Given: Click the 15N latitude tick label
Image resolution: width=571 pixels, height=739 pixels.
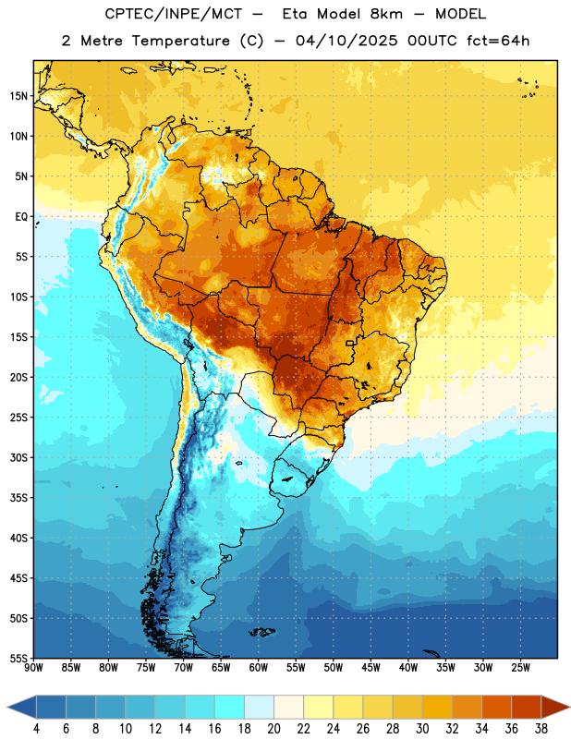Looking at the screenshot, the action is click(x=18, y=96).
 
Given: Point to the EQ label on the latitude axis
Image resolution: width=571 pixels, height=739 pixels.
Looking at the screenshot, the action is click(x=21, y=217).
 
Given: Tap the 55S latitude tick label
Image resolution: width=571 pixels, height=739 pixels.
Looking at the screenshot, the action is click(x=18, y=658).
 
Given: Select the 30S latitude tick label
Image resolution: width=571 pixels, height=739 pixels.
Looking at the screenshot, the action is click(x=18, y=457).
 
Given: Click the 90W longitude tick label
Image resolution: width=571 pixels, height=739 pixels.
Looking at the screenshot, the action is click(x=34, y=668).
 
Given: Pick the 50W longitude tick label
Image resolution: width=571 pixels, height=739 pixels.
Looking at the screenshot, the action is click(x=334, y=668).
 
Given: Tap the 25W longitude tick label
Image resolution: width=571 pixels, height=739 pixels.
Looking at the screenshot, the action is click(x=520, y=668).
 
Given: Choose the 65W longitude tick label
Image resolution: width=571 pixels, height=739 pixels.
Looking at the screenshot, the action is click(x=221, y=668).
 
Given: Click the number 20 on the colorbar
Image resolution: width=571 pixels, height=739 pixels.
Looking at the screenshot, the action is click(x=273, y=729).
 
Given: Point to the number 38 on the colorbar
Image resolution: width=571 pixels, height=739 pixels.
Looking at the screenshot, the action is click(x=541, y=729).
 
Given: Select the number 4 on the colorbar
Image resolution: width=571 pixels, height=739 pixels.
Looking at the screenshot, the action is click(x=36, y=729).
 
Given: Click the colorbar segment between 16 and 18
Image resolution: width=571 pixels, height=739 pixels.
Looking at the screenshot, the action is click(x=229, y=707).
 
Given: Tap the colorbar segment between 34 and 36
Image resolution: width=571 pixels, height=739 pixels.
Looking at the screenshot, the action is click(x=496, y=707).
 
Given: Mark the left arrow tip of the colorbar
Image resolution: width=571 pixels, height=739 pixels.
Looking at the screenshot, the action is click(x=7, y=707).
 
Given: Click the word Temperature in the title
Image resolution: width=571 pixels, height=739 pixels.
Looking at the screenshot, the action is click(x=181, y=41).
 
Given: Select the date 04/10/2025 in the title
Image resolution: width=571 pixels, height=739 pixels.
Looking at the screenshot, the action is click(x=346, y=41).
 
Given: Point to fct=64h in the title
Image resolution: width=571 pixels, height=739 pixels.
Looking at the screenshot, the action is click(x=498, y=41).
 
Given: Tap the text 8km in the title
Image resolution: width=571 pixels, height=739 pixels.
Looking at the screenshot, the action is click(x=386, y=14).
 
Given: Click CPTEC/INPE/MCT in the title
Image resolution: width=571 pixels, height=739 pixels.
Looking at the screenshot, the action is click(x=173, y=14).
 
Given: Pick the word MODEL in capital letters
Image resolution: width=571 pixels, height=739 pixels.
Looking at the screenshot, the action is click(x=461, y=14).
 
